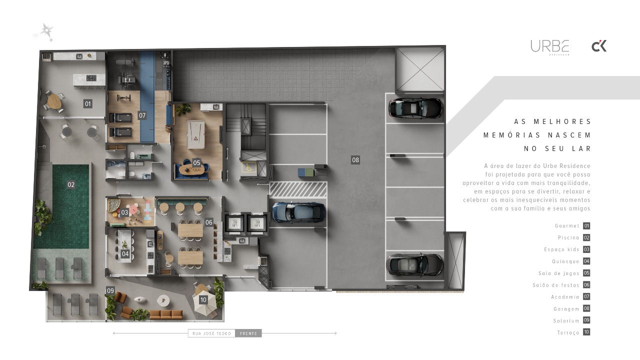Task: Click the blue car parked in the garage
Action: (298, 212)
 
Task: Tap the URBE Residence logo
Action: (549, 47)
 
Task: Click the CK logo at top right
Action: (599, 46)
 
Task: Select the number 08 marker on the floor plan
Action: (355, 160)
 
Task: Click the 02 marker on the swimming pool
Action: (71, 184)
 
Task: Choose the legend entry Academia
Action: (565, 297)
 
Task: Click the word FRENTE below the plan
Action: (248, 333)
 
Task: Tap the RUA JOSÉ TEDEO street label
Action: (211, 333)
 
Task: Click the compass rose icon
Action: (46, 31)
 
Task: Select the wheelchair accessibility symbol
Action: (248, 167)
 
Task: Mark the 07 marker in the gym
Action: (142, 115)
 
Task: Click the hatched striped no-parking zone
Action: (298, 189)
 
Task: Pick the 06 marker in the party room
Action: (209, 222)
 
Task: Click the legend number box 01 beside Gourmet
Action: (586, 226)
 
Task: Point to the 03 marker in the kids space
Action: (124, 212)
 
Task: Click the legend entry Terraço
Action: (568, 332)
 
